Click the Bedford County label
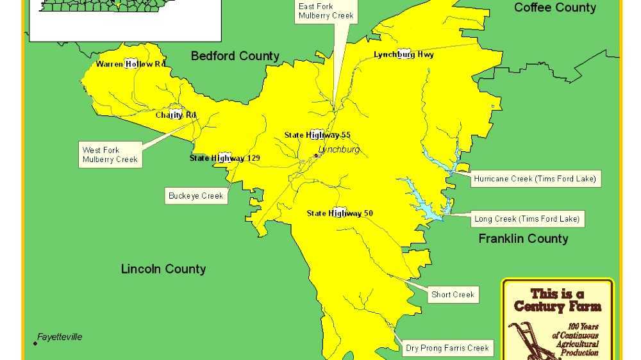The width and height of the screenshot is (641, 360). [x=235, y=56]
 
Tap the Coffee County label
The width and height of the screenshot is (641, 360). [x=555, y=8]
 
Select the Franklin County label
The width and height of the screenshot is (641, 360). [x=523, y=239]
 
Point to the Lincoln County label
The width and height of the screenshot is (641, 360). [x=163, y=269]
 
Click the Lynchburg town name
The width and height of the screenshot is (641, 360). [x=339, y=150]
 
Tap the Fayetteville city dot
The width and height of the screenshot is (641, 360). [x=35, y=343]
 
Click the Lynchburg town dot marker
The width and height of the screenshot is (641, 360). [x=316, y=155]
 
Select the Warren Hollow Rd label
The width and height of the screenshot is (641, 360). [x=131, y=64]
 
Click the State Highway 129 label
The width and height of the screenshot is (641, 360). [x=224, y=158]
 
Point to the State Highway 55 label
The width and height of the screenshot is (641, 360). [x=317, y=135]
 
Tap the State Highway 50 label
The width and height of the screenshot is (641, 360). [x=340, y=213]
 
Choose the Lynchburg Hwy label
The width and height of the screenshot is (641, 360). [x=404, y=54]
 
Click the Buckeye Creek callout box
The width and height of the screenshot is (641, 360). [x=196, y=196]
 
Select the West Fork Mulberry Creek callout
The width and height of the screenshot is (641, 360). [x=110, y=155]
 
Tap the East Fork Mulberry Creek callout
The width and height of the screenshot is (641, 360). [x=326, y=12]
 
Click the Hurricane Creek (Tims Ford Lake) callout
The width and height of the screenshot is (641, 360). [x=535, y=179]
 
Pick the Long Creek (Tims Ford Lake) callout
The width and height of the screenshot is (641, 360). [x=527, y=219]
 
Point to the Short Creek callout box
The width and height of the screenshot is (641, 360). [x=453, y=295]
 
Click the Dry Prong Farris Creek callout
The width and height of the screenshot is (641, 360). [x=447, y=348]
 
